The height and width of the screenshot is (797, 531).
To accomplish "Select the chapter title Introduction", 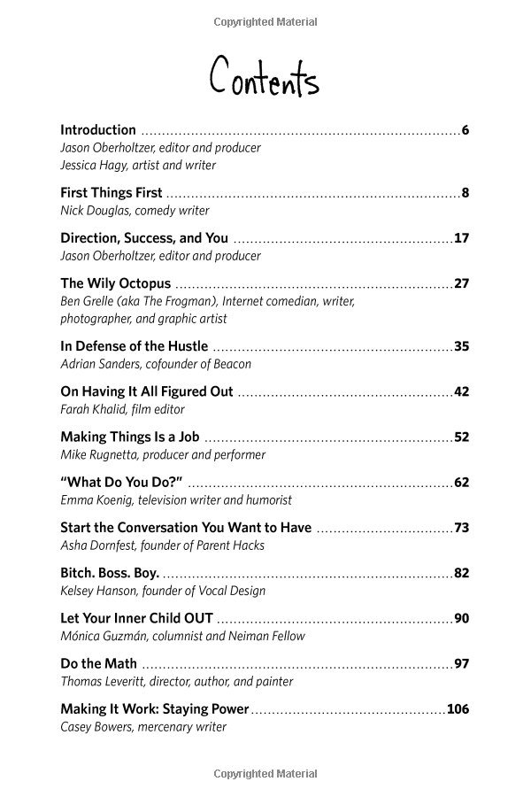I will pyautogui.click(x=98, y=130).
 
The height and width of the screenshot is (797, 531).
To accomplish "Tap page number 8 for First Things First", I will pyautogui.click(x=465, y=193).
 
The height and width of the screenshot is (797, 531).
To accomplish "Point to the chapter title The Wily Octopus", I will pyautogui.click(x=115, y=284).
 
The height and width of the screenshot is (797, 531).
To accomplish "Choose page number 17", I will pyautogui.click(x=461, y=238).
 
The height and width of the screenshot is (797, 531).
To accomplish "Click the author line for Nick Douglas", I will pyautogui.click(x=135, y=211).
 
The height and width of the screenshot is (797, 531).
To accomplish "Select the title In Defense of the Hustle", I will pyautogui.click(x=134, y=346).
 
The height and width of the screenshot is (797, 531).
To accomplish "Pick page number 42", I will pyautogui.click(x=461, y=391).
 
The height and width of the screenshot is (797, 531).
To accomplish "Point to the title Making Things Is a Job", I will pyautogui.click(x=129, y=437).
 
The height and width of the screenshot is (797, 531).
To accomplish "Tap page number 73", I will pyautogui.click(x=461, y=528).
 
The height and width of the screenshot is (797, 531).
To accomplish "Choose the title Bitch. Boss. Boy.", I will pyautogui.click(x=110, y=573).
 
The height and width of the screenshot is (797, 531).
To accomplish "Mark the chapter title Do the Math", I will pyautogui.click(x=98, y=663).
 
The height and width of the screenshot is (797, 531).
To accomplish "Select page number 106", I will pyautogui.click(x=458, y=708).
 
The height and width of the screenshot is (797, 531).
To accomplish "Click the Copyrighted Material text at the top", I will pyautogui.click(x=265, y=22).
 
